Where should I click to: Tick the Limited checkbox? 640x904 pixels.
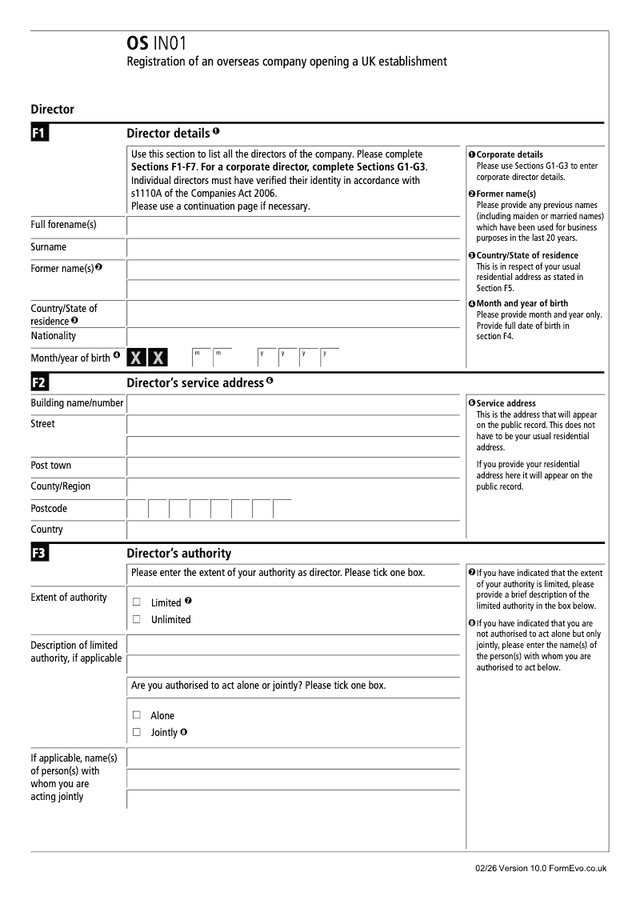(x=136, y=602)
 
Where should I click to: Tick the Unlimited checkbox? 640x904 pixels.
(x=136, y=619)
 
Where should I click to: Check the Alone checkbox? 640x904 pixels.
(x=136, y=715)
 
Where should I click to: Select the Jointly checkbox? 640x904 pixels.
(x=136, y=732)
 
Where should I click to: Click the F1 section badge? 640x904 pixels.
(x=40, y=133)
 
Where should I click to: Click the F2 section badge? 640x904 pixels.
(x=40, y=383)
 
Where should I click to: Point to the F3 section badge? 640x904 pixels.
(x=40, y=553)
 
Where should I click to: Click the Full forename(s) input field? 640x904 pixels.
(x=294, y=226)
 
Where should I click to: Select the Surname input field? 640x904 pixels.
(x=294, y=248)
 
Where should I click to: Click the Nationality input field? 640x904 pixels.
(x=294, y=336)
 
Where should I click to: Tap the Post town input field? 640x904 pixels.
(x=294, y=466)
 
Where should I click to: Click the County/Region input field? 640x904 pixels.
(x=294, y=487)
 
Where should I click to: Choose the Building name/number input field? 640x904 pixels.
(x=294, y=404)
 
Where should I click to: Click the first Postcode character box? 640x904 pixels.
(x=137, y=510)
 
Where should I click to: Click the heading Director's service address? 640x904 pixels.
(x=195, y=383)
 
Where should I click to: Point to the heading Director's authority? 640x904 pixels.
(x=179, y=554)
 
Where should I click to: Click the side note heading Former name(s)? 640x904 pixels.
(x=506, y=194)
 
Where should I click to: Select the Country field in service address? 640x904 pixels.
(x=294, y=530)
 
